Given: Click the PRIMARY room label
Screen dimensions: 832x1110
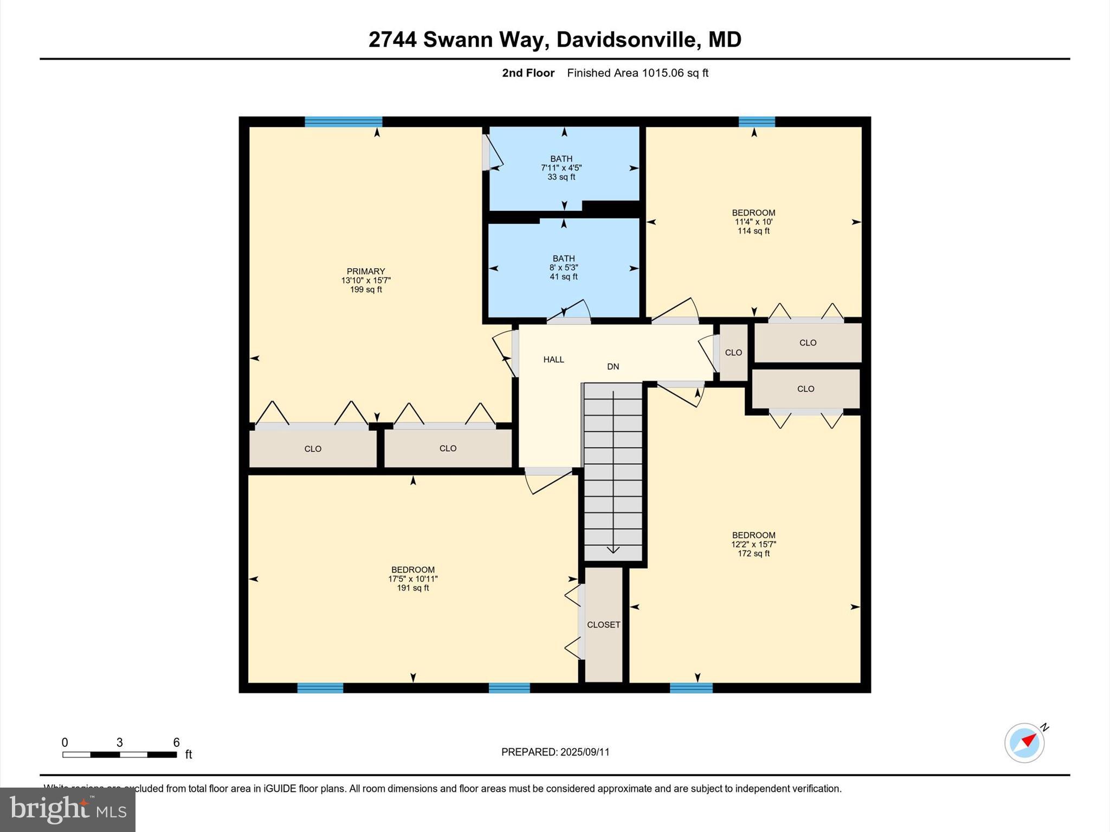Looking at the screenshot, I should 366,271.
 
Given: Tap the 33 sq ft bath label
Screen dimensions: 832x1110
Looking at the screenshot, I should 561,168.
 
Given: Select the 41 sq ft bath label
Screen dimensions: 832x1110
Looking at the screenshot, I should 563,268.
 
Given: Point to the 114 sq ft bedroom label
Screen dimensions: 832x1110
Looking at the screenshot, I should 753,222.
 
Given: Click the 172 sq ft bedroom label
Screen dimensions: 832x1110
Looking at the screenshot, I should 753,544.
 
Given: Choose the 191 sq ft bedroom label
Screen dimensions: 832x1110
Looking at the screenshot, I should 413,578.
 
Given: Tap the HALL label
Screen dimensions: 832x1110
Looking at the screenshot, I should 553,360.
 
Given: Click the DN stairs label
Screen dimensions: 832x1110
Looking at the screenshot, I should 612,367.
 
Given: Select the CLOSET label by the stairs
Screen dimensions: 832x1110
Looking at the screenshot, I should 603,625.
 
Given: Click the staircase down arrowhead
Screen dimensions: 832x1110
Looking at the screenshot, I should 613,550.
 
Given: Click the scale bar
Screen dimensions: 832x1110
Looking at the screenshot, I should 119,755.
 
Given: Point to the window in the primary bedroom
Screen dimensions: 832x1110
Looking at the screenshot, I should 343,121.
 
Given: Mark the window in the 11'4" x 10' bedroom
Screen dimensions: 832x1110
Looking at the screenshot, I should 757,121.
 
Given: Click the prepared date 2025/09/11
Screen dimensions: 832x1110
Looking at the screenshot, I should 555,752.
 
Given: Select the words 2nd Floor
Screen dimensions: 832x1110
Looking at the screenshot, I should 528,73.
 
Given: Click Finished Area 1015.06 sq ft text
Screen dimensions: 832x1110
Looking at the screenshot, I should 637,73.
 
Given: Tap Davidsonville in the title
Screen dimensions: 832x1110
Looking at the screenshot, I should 625,40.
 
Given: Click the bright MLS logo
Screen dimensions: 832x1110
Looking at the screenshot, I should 68,809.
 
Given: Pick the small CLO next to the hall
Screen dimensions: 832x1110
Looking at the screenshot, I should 733,353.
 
